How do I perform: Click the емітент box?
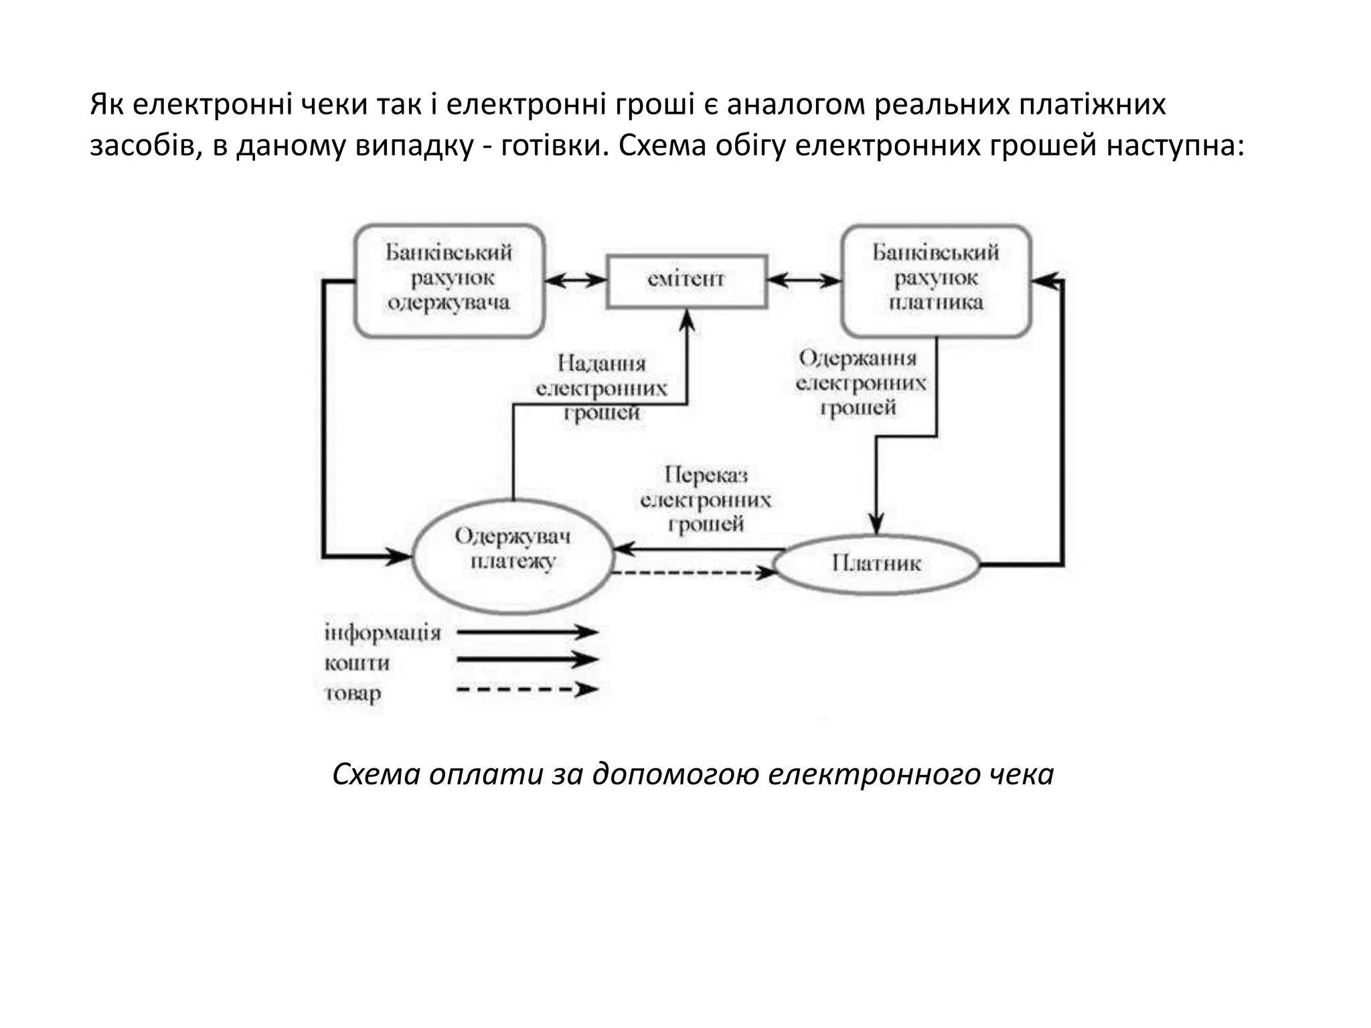(686, 281)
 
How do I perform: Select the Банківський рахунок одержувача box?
(449, 280)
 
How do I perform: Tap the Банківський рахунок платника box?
(936, 280)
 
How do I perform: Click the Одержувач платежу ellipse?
(513, 557)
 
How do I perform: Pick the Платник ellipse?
(877, 564)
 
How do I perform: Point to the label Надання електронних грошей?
(601, 388)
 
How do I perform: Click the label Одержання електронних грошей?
(860, 383)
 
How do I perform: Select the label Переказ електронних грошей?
(706, 499)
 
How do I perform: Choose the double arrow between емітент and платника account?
(803, 280)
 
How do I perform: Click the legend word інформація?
(382, 632)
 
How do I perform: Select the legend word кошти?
(357, 663)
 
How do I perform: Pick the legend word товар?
(353, 693)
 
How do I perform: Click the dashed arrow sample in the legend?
(526, 689)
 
